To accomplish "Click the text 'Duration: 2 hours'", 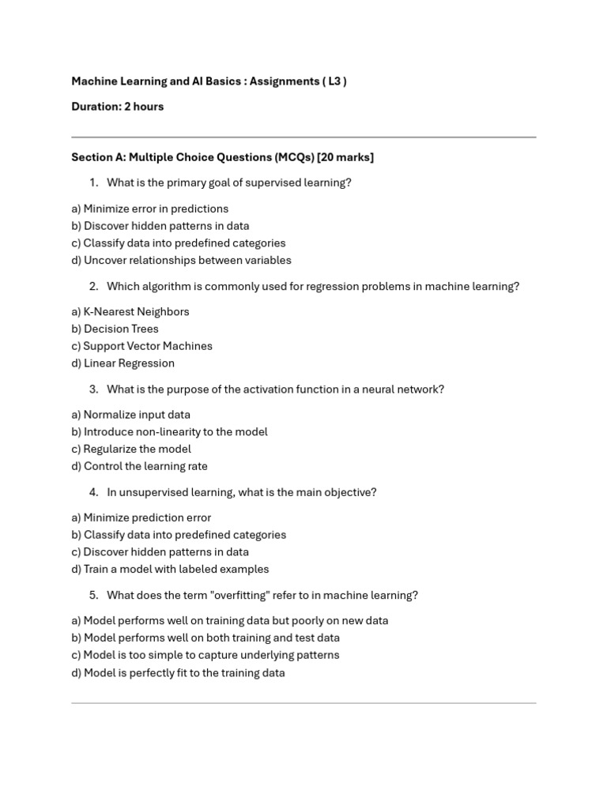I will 118,107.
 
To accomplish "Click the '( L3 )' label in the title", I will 334,81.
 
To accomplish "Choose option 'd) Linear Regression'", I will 123,363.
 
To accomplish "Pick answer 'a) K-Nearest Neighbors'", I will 130,311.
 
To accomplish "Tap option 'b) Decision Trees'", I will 115,329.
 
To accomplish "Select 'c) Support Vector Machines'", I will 141,346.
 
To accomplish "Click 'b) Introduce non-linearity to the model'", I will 169,431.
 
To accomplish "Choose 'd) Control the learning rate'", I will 139,466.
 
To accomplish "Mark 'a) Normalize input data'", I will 130,415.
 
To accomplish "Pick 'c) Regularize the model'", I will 131,449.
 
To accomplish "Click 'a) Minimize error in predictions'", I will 149,209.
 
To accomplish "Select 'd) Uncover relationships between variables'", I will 181,260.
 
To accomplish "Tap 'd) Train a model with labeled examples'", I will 170,569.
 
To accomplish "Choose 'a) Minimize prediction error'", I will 141,517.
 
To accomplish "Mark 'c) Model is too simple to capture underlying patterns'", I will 205,655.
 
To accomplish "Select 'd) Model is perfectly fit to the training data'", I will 178,673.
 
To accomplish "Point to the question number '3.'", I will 93,389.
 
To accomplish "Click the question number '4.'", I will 93,492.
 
